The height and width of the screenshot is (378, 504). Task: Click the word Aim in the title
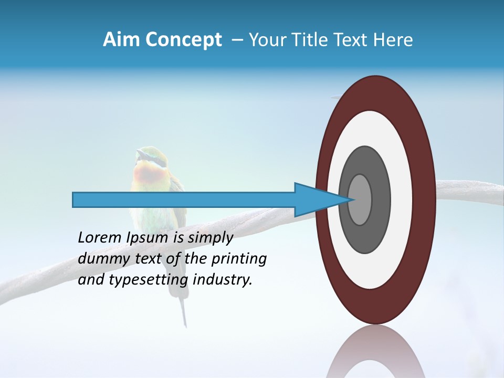pyautogui.click(x=120, y=40)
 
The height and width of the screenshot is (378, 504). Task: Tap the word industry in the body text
pyautogui.click(x=223, y=280)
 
